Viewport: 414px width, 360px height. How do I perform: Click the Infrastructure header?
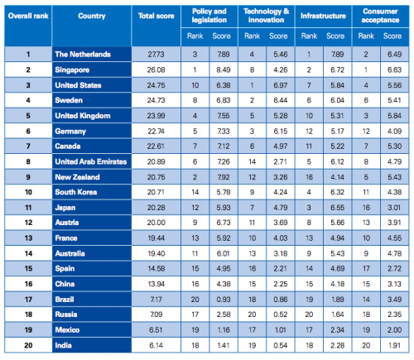(x=323, y=16)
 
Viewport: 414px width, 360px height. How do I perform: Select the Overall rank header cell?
(x=25, y=16)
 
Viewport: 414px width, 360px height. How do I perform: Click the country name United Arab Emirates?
(x=91, y=161)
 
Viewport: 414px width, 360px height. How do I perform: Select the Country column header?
(x=90, y=16)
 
